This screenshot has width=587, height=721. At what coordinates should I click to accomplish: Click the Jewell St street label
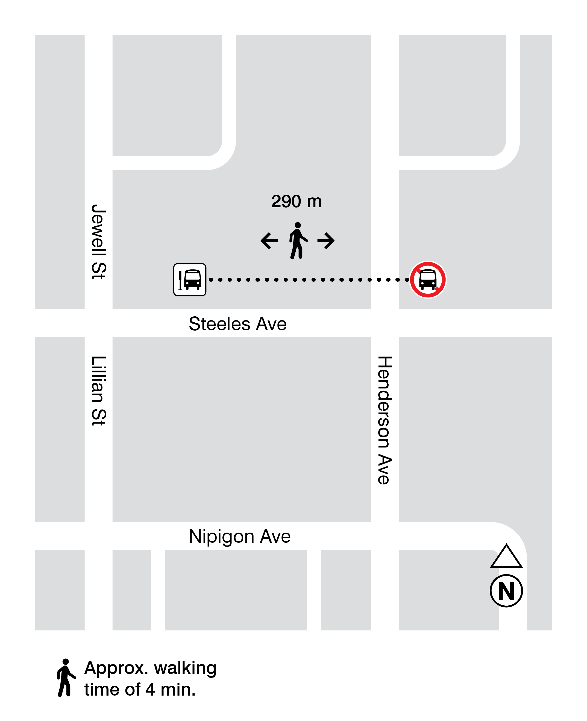point(99,242)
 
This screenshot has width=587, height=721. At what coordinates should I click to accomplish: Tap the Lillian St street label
point(99,390)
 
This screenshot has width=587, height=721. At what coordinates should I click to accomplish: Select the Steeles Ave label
point(237,324)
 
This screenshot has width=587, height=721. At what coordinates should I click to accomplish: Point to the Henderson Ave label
point(385,420)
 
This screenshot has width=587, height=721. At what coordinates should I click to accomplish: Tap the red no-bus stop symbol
point(428,279)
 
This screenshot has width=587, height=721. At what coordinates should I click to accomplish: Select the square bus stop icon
point(190,279)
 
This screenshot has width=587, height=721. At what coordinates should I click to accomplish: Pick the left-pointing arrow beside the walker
point(269,241)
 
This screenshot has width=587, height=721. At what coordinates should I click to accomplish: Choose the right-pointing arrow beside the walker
point(326,241)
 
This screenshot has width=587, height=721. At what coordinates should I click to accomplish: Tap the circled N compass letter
point(506,591)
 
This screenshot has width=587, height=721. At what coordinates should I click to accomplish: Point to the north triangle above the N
point(506,557)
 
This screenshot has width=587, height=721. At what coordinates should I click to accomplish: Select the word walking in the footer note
point(185,668)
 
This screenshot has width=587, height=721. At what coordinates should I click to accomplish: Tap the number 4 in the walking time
point(150,690)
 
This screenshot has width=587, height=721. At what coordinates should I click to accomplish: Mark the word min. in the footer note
point(178,690)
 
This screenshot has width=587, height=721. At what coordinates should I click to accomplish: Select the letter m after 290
point(314,202)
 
